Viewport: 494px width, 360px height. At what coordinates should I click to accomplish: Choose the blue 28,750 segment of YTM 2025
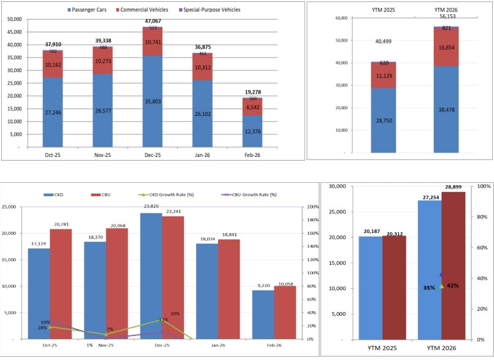382,120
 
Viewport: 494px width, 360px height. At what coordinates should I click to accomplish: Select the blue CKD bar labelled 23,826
150,275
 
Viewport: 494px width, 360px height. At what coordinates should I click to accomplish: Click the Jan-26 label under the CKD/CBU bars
218,346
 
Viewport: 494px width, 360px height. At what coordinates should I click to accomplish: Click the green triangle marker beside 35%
441,286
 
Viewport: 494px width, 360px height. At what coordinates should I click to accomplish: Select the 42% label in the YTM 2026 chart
453,286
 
